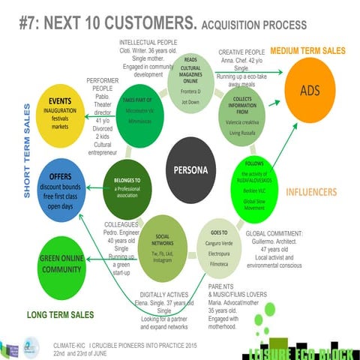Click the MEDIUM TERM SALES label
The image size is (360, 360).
pyautogui.click(x=308, y=50)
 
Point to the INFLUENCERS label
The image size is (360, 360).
pyautogui.click(x=311, y=191)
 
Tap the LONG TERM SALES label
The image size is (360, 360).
pyautogui.click(x=59, y=313)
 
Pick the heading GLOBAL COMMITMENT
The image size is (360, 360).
pyautogui.click(x=274, y=233)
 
